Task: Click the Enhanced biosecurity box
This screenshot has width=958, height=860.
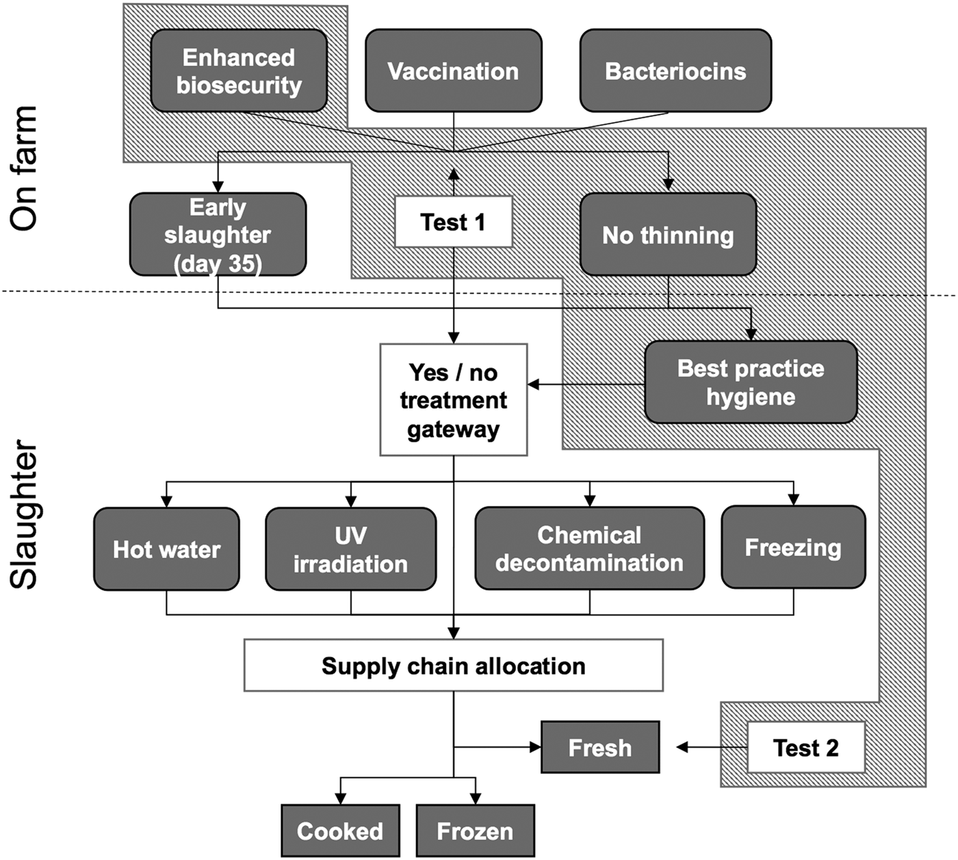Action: pyautogui.click(x=239, y=70)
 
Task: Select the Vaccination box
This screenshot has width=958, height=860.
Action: pyautogui.click(x=453, y=70)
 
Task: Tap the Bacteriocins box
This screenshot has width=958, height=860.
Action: pyautogui.click(x=675, y=70)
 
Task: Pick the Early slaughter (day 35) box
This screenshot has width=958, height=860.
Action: pyautogui.click(x=218, y=234)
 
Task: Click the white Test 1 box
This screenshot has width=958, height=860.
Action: pyautogui.click(x=453, y=222)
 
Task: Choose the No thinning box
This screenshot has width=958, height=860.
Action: pyautogui.click(x=668, y=235)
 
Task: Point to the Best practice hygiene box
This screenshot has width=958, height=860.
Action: pyautogui.click(x=751, y=382)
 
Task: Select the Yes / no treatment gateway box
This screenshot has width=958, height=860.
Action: pyautogui.click(x=453, y=400)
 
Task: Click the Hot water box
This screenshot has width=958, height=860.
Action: pyautogui.click(x=166, y=549)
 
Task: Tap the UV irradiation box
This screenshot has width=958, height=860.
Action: pyautogui.click(x=350, y=549)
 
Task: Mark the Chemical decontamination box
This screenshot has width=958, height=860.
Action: pyautogui.click(x=589, y=548)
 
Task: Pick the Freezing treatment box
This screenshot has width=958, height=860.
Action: pyautogui.click(x=793, y=547)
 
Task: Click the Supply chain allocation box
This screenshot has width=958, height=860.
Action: pyautogui.click(x=453, y=665)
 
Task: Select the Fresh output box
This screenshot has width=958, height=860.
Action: pyautogui.click(x=600, y=747)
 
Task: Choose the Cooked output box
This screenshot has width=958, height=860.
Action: pyautogui.click(x=340, y=831)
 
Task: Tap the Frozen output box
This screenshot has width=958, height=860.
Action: pyautogui.click(x=475, y=831)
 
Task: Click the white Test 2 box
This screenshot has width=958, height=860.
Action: pyautogui.click(x=805, y=747)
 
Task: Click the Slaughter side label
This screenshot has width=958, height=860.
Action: pyautogui.click(x=24, y=514)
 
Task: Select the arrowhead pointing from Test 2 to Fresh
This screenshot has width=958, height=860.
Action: pyautogui.click(x=682, y=747)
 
